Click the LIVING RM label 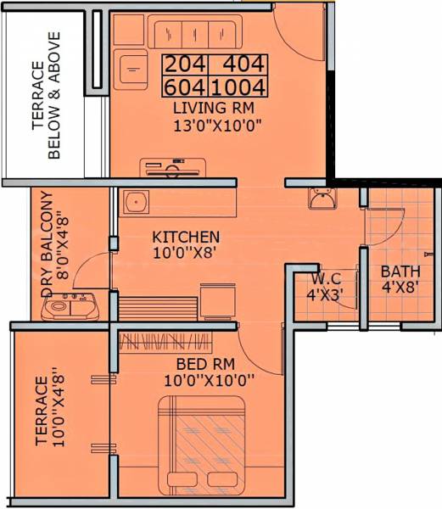click(212, 109)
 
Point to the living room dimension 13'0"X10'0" click(212, 127)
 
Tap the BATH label click(398, 272)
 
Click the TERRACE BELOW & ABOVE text click(46, 95)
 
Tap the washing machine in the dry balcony click(71, 305)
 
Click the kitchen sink click(135, 202)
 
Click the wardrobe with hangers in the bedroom click(166, 343)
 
